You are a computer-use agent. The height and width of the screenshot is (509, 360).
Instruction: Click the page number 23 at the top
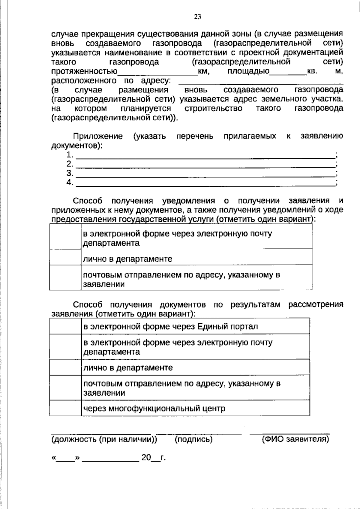(x=197, y=17)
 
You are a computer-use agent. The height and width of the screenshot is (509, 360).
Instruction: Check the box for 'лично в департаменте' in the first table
(x=65, y=257)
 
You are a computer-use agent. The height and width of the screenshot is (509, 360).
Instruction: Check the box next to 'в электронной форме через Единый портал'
(x=65, y=326)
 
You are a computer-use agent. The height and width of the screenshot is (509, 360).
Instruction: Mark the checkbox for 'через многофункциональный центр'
(x=65, y=408)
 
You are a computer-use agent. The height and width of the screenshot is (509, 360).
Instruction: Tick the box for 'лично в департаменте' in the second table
(x=65, y=367)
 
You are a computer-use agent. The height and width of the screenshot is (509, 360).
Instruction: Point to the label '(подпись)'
(x=193, y=439)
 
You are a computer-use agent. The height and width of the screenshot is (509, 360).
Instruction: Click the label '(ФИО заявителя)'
(x=295, y=439)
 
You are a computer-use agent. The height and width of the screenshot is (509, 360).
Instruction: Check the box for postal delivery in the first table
(x=65, y=277)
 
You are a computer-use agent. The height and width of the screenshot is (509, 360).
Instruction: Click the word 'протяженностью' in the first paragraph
(x=84, y=72)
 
